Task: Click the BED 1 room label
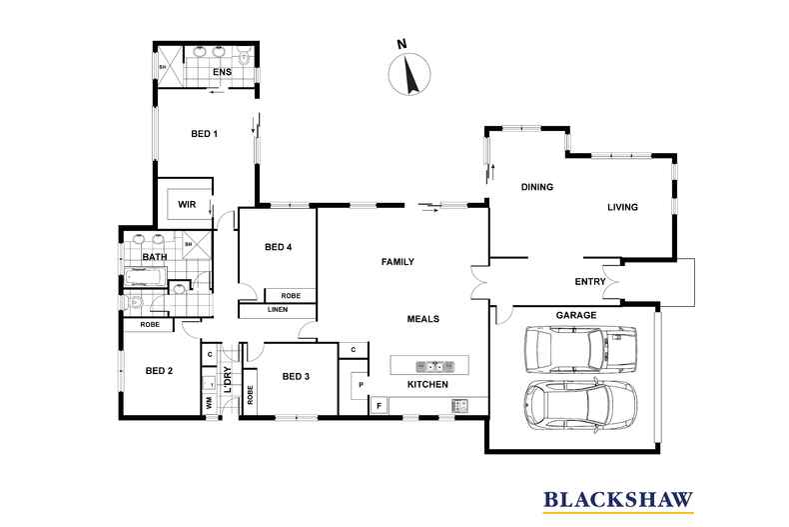[x=205, y=134]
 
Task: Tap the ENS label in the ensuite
[x=222, y=72]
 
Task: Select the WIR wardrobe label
[x=187, y=205]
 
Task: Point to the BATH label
[x=155, y=257]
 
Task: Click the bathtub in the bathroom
[x=145, y=276]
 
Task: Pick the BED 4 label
[x=279, y=247]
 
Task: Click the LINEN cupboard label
[x=278, y=309]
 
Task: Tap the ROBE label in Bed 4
[x=291, y=296]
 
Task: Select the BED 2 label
[x=159, y=371]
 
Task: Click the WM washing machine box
[x=209, y=403]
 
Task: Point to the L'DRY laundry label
[x=228, y=379]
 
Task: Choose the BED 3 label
[x=296, y=376]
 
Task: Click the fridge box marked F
[x=380, y=405]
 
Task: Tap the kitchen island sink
[x=434, y=366]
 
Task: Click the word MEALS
[x=423, y=319]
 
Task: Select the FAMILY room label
[x=397, y=262]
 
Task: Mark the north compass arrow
[x=410, y=74]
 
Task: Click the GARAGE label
[x=576, y=315]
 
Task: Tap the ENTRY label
[x=590, y=282]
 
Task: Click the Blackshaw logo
[x=618, y=501]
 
